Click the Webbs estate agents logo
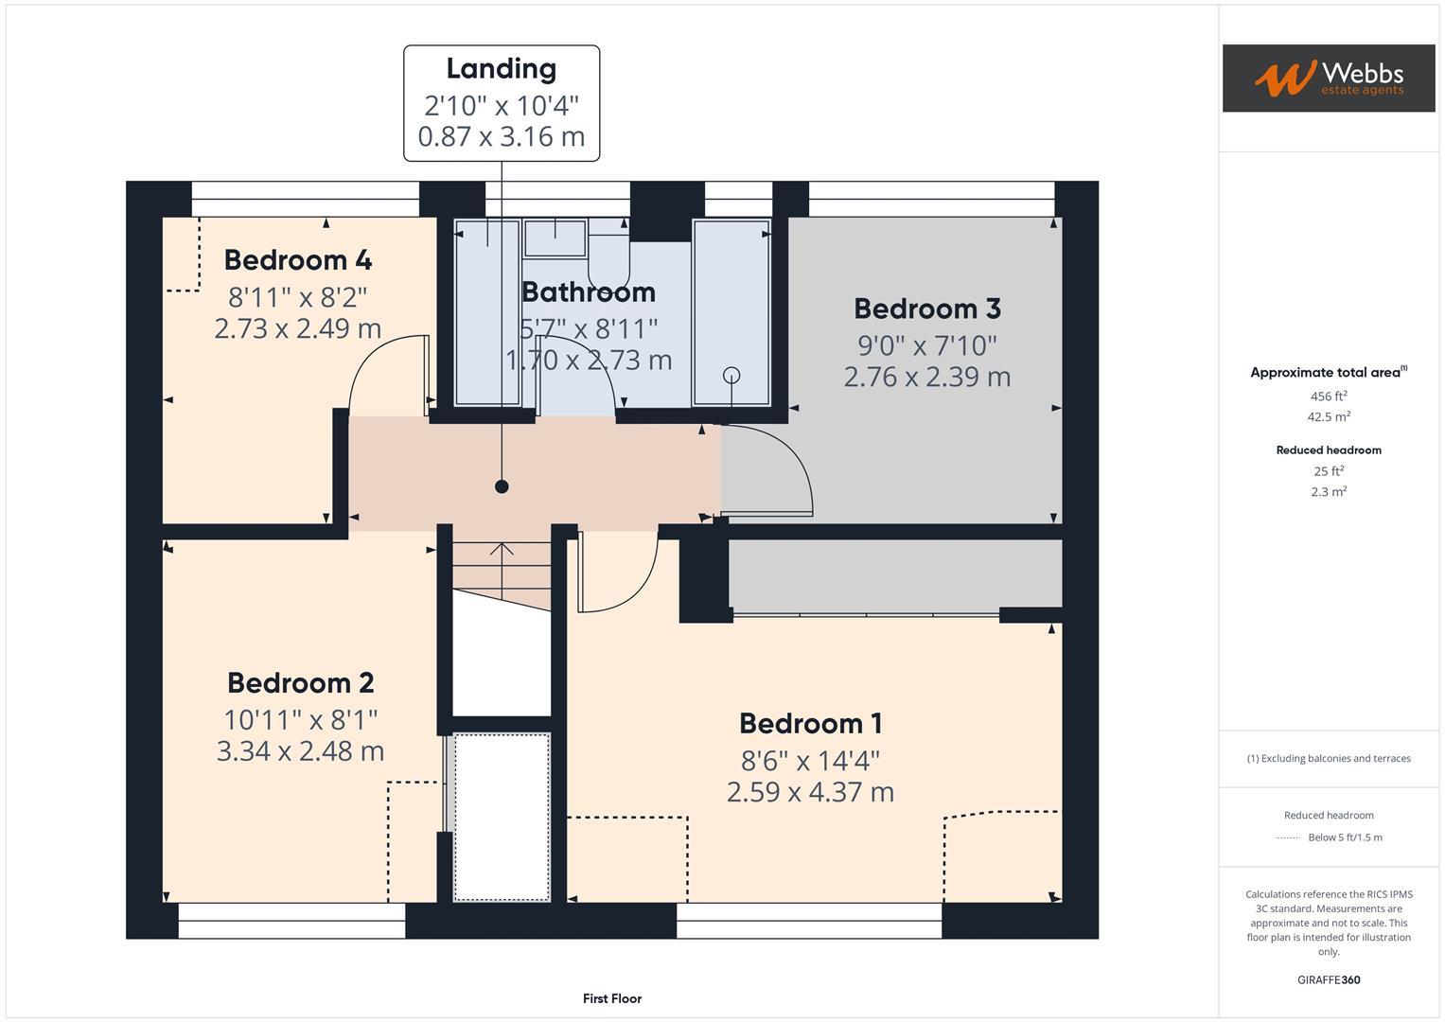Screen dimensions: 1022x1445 click(x=1328, y=79)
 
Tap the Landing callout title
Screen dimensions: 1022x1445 click(x=501, y=69)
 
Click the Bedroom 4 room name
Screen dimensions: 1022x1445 click(x=297, y=260)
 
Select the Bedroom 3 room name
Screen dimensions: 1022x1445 click(x=926, y=308)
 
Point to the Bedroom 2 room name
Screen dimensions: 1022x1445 click(x=300, y=682)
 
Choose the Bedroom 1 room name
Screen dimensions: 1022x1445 click(x=810, y=724)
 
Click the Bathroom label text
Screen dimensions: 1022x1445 click(x=589, y=292)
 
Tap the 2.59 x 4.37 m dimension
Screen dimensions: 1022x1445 click(x=810, y=792)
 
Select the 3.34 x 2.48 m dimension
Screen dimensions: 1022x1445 click(x=300, y=751)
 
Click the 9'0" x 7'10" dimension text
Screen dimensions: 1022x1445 click(x=926, y=344)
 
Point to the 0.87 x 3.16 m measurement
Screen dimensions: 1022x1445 click(x=501, y=136)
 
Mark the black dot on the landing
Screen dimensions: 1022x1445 click(x=502, y=486)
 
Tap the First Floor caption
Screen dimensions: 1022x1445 click(x=611, y=998)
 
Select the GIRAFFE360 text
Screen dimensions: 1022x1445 click(x=1328, y=979)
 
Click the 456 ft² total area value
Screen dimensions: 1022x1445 click(x=1328, y=396)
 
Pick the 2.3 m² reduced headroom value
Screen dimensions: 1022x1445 click(x=1328, y=492)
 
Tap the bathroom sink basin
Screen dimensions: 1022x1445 click(x=555, y=238)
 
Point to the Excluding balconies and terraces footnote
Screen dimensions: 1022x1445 click(x=1328, y=758)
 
